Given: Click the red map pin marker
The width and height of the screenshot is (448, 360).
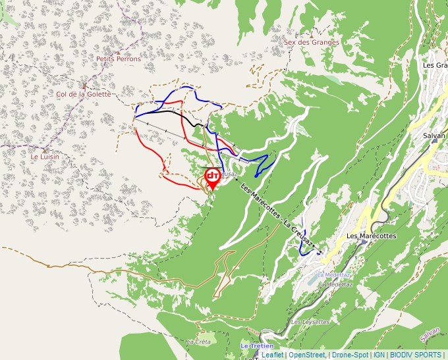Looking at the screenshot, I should coord(213,178).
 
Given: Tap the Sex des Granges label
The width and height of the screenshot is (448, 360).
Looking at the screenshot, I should coord(312,42).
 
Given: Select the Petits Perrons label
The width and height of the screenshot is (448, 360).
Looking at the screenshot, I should coord(119,59).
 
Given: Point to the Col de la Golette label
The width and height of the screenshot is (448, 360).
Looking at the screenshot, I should coord(84,94).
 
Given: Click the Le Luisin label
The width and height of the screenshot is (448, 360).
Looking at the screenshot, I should coord(45,157).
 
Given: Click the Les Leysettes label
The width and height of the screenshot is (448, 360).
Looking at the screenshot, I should coord(310,322).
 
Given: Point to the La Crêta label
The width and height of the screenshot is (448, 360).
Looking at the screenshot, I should coord(198,342).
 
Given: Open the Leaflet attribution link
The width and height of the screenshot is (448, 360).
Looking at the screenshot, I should coord(272,355).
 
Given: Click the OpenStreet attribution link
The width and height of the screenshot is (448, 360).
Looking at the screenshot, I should coord(306,355).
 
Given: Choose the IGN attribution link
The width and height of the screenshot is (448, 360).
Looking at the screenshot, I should coord(379,355).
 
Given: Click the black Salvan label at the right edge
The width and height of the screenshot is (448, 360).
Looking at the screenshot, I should coord(434,136).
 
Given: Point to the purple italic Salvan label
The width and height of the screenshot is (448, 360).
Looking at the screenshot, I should coord(430,335).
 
